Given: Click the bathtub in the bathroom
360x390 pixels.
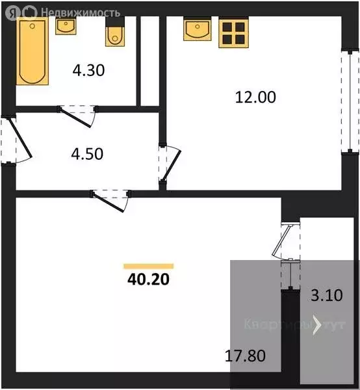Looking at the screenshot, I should [32, 51].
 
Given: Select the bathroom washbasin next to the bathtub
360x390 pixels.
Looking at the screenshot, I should [66, 26].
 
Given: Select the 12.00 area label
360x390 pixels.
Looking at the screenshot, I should [255, 97].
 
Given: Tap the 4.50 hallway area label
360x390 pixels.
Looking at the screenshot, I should [86, 155].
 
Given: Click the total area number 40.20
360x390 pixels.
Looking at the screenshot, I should [149, 280].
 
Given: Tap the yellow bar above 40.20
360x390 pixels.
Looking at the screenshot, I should [149, 266].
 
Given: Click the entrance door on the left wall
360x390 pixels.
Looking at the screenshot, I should [17, 140].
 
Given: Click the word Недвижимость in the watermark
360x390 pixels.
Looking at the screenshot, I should [80, 12].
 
